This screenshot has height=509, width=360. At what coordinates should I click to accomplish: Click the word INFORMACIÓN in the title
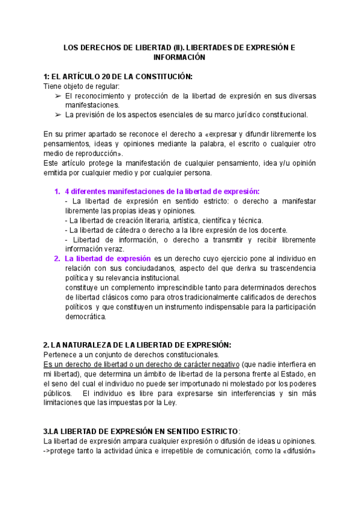tap(179, 57)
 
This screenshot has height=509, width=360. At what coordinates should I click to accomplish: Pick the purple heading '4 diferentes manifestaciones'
tap(162, 191)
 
